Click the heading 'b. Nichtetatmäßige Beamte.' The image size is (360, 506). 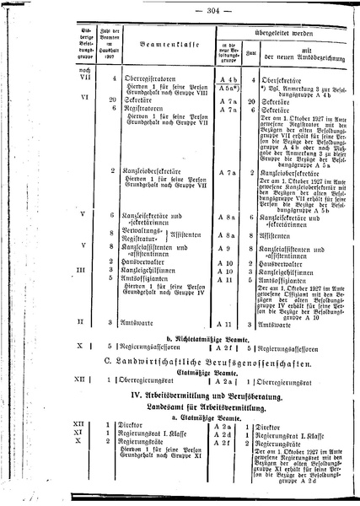pyautogui.click(x=180, y=336)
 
